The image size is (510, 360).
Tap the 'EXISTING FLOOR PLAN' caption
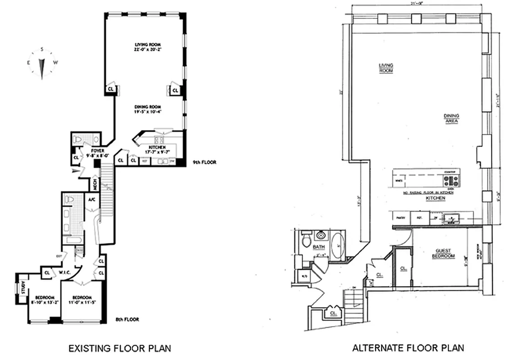tap(119, 348)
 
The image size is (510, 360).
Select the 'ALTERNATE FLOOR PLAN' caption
tap(408, 348)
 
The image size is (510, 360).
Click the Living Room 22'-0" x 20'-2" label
tap(148, 47)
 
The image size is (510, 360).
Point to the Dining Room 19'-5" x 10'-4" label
tap(148, 109)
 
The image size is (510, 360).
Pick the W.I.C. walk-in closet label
tap(63, 272)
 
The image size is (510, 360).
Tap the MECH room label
tap(95, 183)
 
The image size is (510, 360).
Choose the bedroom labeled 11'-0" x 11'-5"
tap(81, 300)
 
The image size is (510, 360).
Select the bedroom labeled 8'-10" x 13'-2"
tap(43, 300)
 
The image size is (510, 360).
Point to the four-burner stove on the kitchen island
tap(451, 180)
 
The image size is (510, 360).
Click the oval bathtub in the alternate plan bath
tap(338, 245)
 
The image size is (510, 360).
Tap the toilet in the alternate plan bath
tap(306, 240)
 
